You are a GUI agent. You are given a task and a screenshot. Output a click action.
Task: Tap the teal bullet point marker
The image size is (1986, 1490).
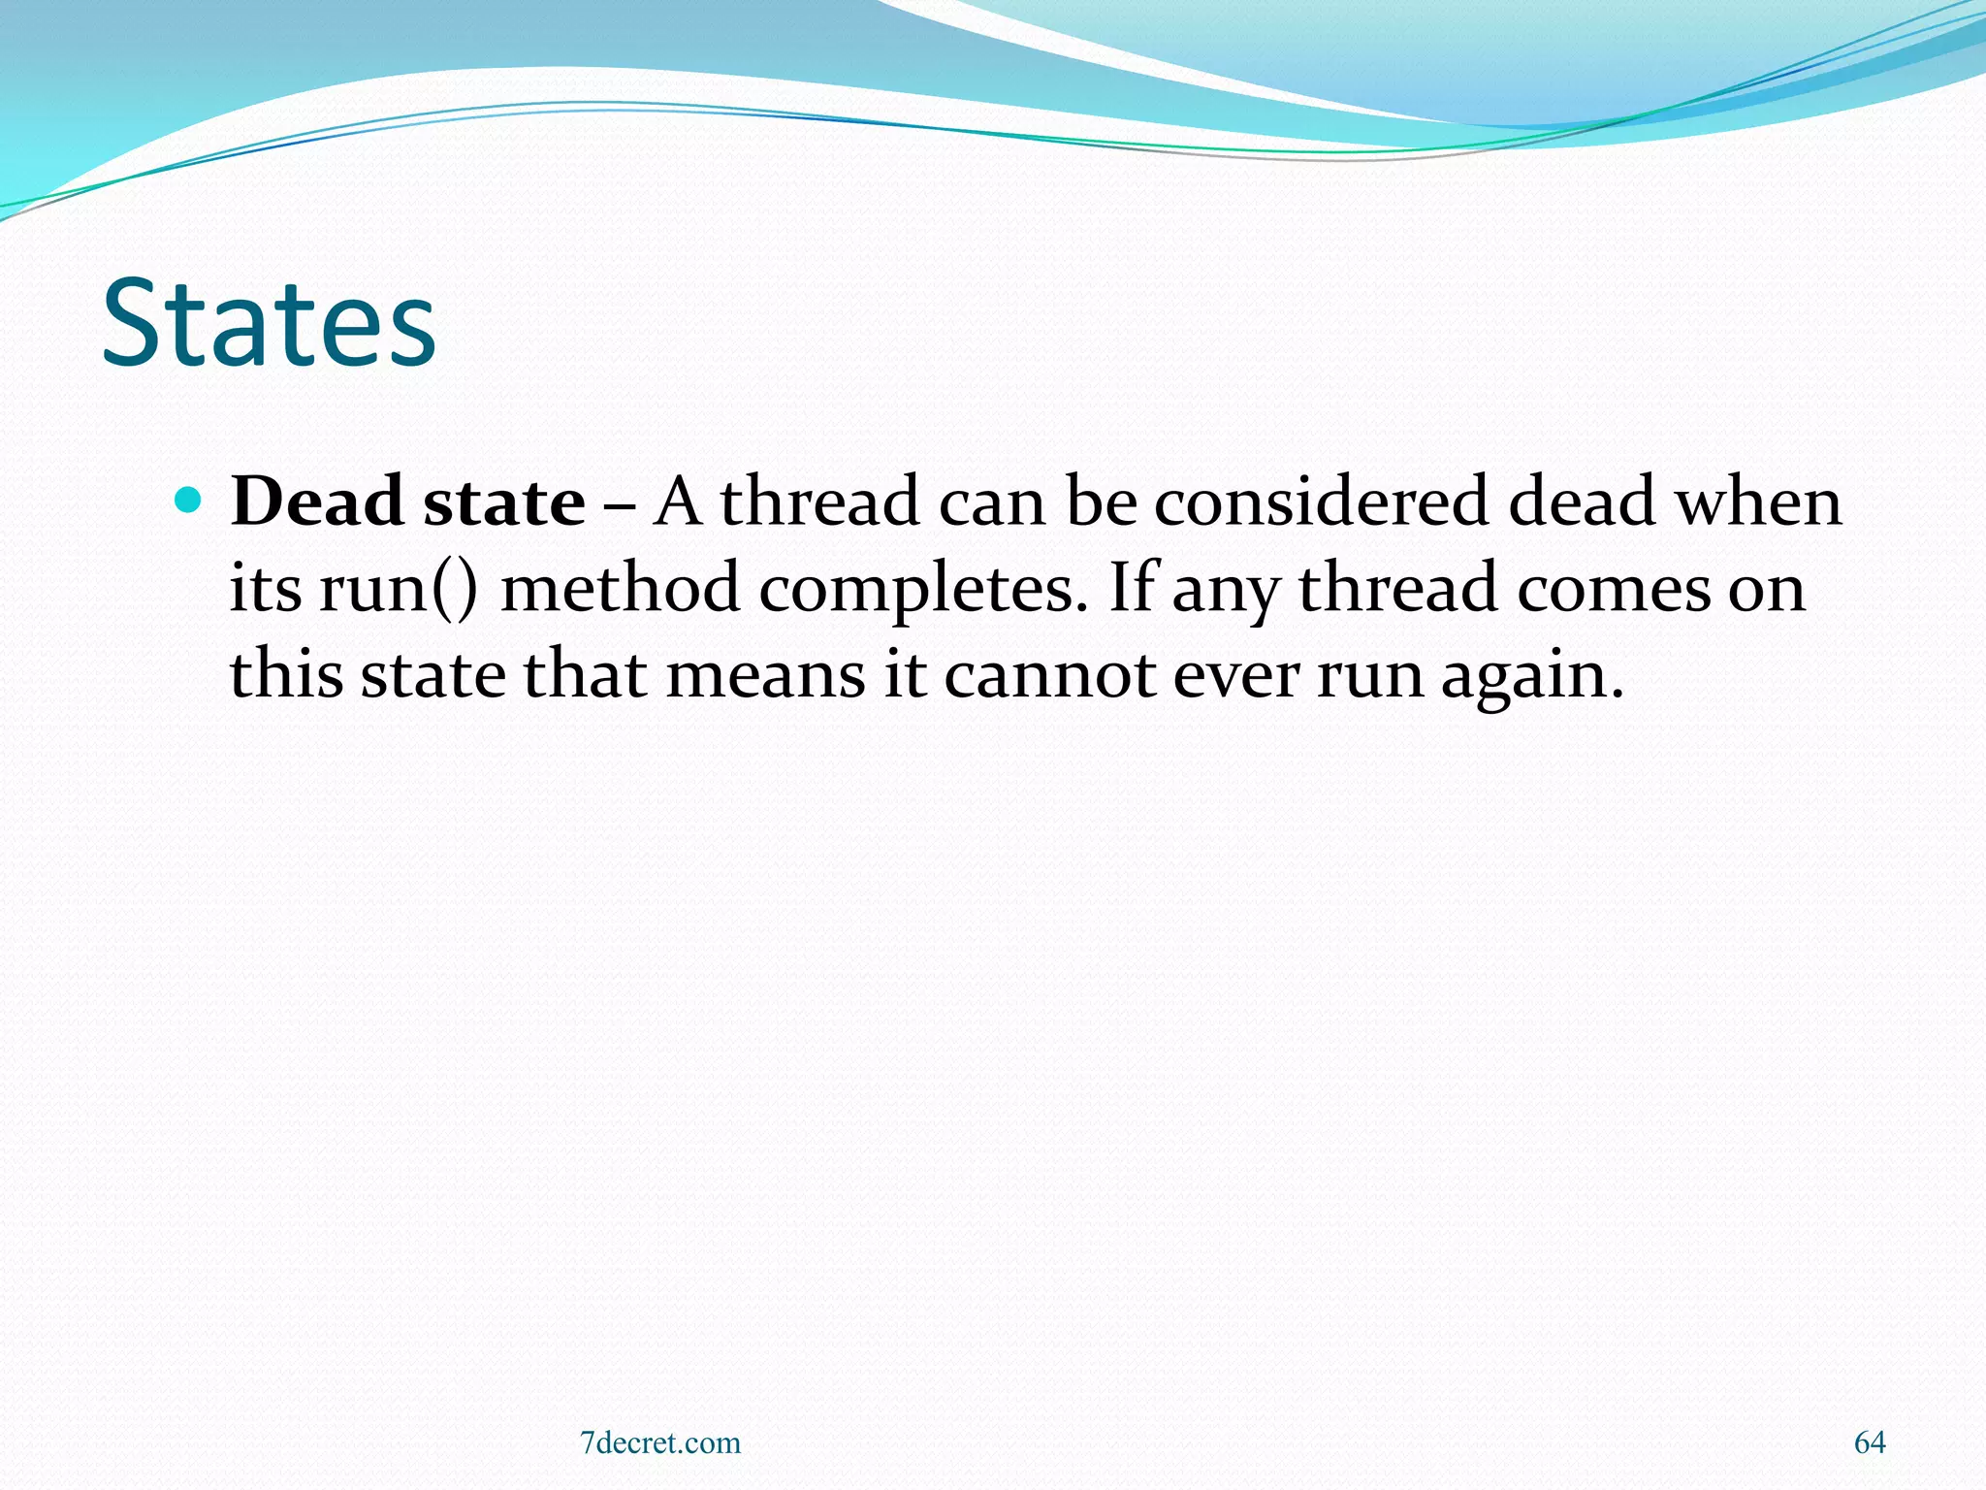tap(189, 501)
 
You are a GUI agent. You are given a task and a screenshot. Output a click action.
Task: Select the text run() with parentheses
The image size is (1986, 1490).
tap(399, 588)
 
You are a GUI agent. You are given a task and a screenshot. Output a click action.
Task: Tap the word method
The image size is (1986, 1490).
tap(620, 588)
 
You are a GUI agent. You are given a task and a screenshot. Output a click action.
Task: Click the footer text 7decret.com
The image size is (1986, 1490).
tap(659, 1442)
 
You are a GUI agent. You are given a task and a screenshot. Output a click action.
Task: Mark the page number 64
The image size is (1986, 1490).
tap(1870, 1442)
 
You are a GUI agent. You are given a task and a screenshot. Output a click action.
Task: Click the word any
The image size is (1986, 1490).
tap(1226, 590)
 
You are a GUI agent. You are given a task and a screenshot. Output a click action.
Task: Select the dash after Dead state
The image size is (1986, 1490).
tap(620, 504)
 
